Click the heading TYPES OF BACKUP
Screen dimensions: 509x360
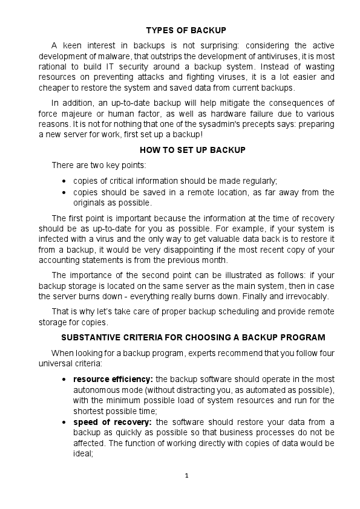point(186,30)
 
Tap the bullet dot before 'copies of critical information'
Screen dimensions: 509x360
point(65,181)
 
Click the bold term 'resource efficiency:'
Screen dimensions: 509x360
point(113,378)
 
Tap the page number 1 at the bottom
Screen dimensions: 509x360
point(187,475)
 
